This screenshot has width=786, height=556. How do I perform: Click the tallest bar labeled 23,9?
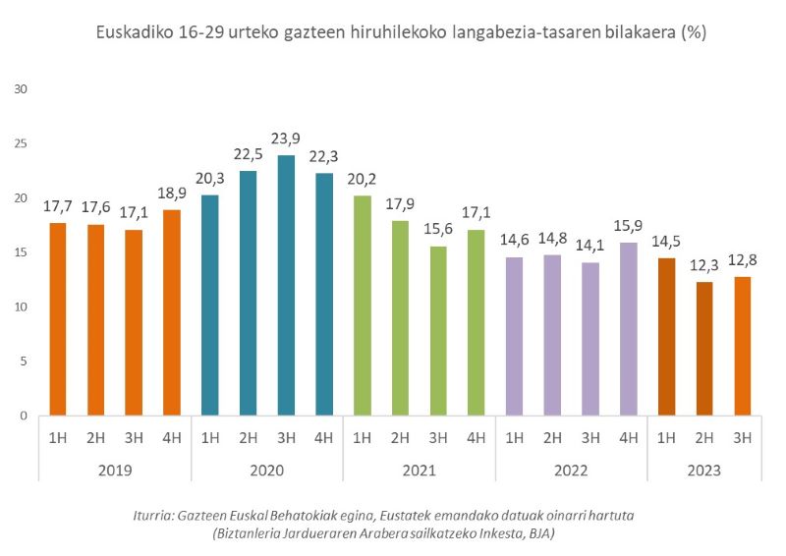tap(286, 285)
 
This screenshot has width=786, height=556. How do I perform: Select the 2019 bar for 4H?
tap(172, 312)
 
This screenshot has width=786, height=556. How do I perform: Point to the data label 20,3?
tap(209, 180)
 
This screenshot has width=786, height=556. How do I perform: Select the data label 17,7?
tap(58, 207)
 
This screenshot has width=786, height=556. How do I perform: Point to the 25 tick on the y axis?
tap(22, 143)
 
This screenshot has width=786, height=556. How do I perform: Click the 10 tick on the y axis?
tap(22, 306)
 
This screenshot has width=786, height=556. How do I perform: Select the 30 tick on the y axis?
tap(22, 89)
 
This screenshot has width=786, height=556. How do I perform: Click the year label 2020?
tap(266, 471)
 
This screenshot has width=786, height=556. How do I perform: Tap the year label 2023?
tap(703, 471)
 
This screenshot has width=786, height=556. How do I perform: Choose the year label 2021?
tap(419, 471)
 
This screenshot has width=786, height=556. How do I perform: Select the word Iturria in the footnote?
tap(154, 515)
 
